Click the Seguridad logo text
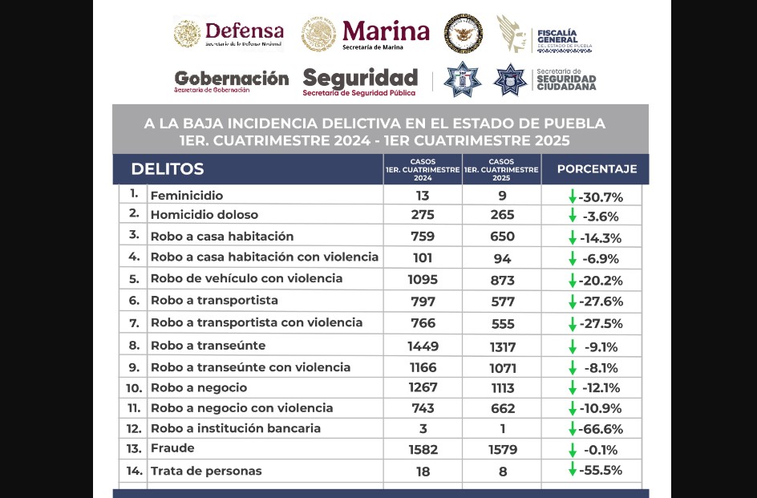click(360, 79)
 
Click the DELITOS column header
click(167, 169)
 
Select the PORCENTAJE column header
click(597, 169)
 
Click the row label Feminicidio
click(186, 196)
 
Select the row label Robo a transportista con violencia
click(256, 322)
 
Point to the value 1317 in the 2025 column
click(502, 346)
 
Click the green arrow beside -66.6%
click(573, 428)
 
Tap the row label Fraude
click(172, 448)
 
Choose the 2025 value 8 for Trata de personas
click(503, 472)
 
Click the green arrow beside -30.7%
click(573, 196)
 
